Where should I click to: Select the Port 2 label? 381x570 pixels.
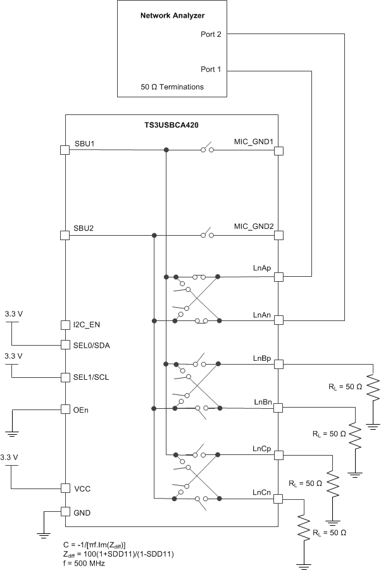click(211, 35)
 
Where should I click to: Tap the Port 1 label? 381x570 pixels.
click(211, 70)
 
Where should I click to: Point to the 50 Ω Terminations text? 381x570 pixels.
click(172, 87)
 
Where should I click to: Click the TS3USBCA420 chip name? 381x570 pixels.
click(172, 125)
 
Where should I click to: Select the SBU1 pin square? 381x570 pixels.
click(65, 150)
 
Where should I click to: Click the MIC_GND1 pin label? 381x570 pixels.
click(253, 142)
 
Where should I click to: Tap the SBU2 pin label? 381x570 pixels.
click(85, 227)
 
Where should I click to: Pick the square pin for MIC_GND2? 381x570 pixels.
click(278, 235)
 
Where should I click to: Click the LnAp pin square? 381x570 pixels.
click(278, 277)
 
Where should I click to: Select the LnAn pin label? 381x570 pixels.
click(262, 313)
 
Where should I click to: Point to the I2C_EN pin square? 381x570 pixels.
click(65, 325)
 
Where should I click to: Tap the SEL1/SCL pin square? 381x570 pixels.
click(65, 377)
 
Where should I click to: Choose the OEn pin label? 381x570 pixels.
click(81, 409)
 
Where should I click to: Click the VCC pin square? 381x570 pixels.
click(65, 488)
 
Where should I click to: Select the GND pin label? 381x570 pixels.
click(82, 512)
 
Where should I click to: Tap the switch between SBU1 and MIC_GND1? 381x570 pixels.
click(207, 150)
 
